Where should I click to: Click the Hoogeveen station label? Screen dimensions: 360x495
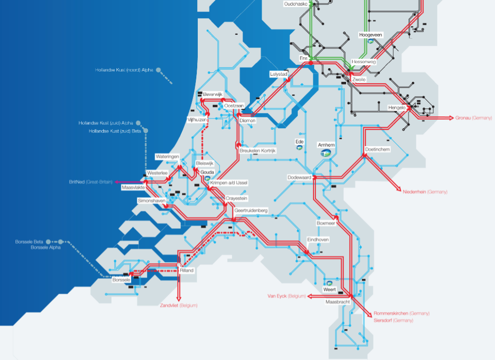point(371,35)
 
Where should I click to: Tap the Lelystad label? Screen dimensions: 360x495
point(279,74)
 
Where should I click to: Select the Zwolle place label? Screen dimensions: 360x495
point(359,79)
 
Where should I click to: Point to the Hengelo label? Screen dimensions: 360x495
point(397,107)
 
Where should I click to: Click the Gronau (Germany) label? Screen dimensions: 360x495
point(473,118)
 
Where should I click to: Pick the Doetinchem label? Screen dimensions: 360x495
point(378,149)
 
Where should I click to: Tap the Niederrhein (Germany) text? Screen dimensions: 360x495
point(425,192)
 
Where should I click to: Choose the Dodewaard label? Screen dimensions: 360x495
point(299,178)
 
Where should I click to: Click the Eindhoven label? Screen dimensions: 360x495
point(318,240)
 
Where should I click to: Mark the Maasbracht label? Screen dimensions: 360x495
point(337,301)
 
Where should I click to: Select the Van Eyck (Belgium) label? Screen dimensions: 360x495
point(287,296)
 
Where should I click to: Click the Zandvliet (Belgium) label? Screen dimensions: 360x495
point(178,305)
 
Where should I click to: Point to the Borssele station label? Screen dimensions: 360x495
point(121,280)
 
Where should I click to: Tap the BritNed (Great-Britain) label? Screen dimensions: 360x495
point(90,182)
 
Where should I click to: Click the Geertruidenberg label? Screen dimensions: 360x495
point(251,210)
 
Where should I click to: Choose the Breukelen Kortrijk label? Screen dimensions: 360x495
point(258,151)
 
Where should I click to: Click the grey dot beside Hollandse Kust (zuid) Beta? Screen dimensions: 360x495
point(145,131)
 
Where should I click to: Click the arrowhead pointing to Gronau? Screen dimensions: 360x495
point(451,118)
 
